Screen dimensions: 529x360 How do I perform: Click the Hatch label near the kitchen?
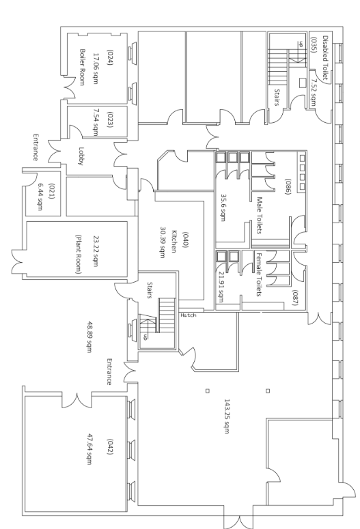(x=188, y=315)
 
